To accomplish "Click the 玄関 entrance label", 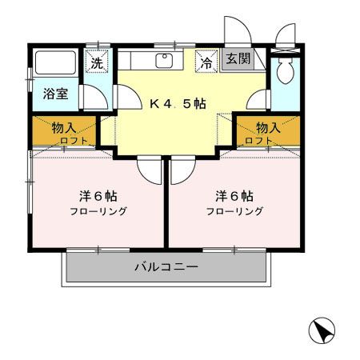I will click(236, 60).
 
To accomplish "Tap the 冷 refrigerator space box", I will click(206, 62).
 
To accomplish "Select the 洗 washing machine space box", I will click(96, 62).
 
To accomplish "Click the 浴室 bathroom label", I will click(55, 94).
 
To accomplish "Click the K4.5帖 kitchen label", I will click(179, 102).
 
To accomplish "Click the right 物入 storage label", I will click(268, 127).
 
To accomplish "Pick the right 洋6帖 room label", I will click(234, 195).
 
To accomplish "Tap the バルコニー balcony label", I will click(166, 266).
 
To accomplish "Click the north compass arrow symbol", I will click(321, 330).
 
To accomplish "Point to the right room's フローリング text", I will click(234, 212).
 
